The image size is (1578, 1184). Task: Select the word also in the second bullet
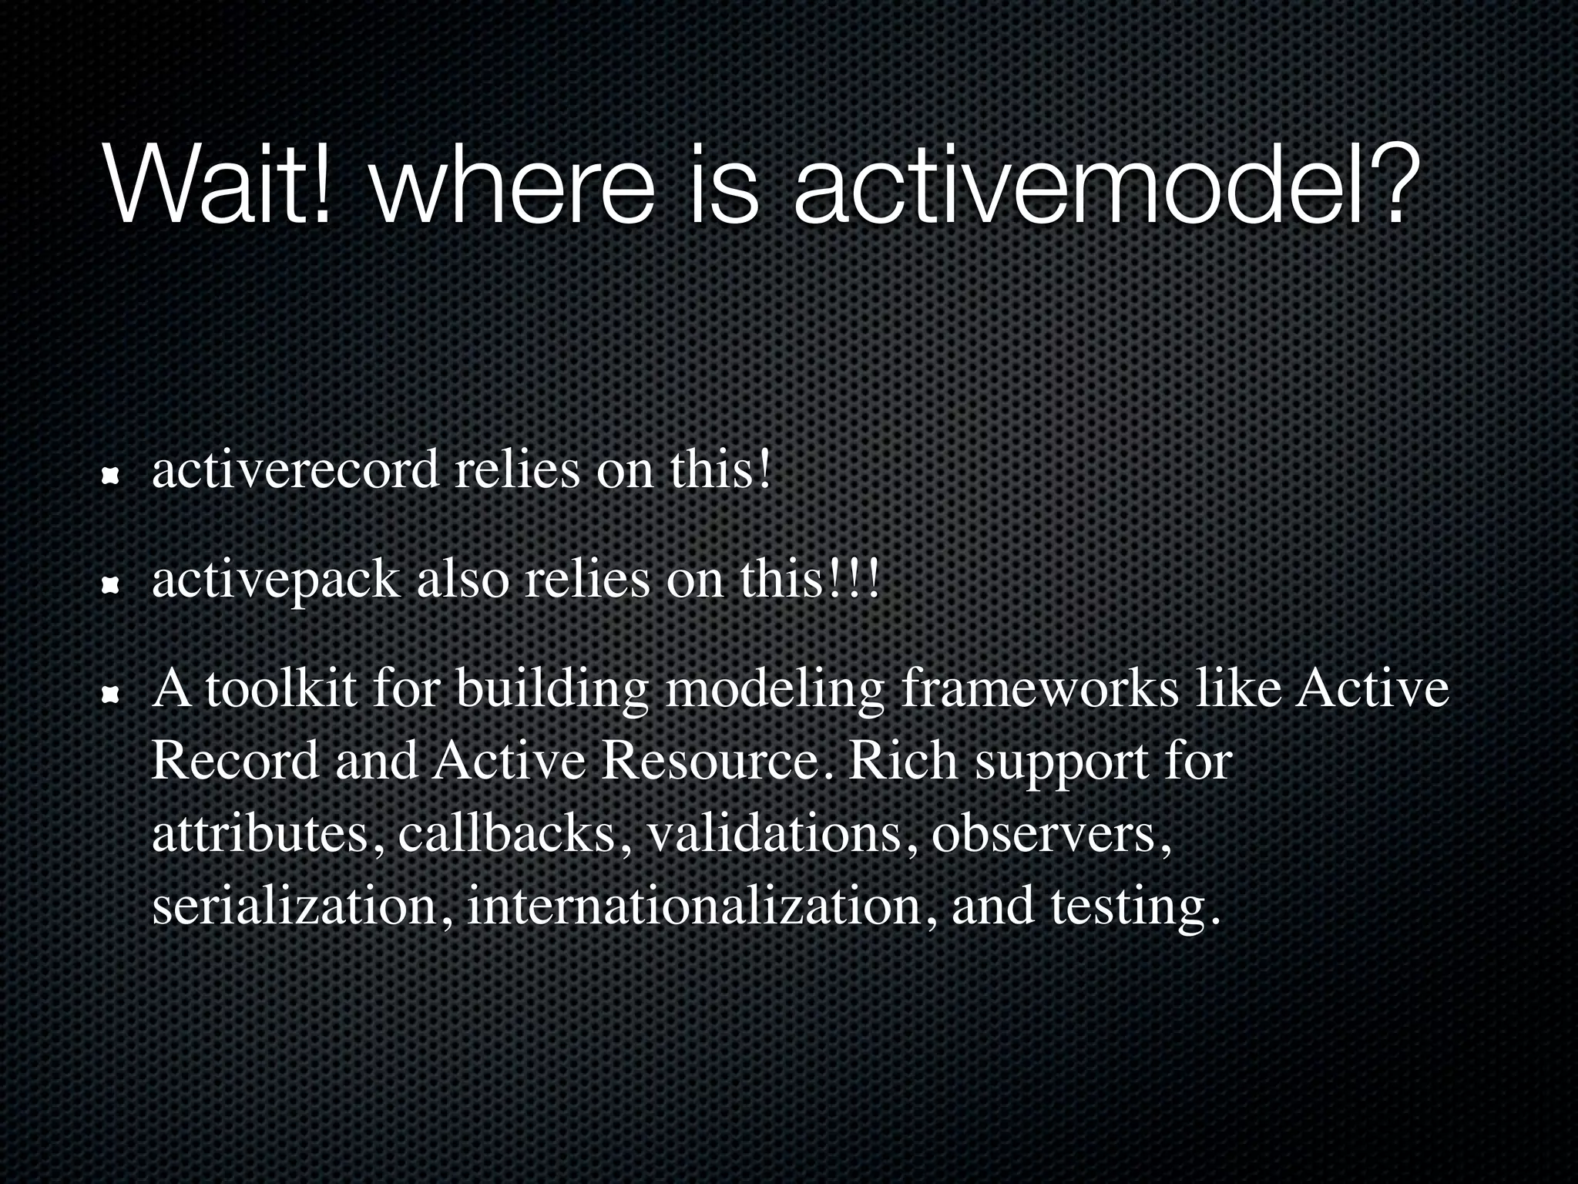[x=462, y=580]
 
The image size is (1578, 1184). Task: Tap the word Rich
[x=902, y=761]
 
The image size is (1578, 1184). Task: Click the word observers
[x=1052, y=833]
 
